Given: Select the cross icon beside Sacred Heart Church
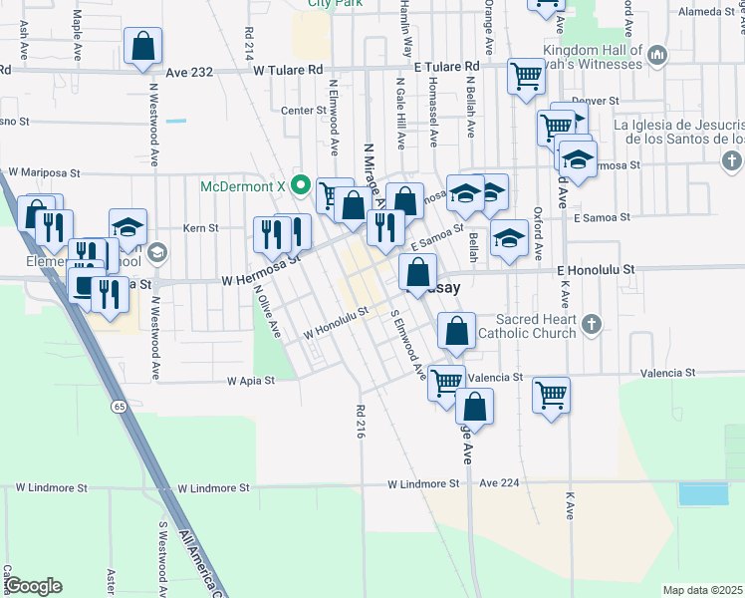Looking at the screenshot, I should pos(592,324).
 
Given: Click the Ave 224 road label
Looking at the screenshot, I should pos(500,482).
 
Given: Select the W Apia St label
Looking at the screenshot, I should pos(249,381).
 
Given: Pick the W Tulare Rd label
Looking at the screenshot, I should pos(289,71).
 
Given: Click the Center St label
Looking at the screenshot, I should pos(304,111).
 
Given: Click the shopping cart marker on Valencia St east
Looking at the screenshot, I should pos(551,395).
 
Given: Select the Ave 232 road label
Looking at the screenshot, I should pos(190,72).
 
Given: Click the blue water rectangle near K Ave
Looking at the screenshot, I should pos(702,493).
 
